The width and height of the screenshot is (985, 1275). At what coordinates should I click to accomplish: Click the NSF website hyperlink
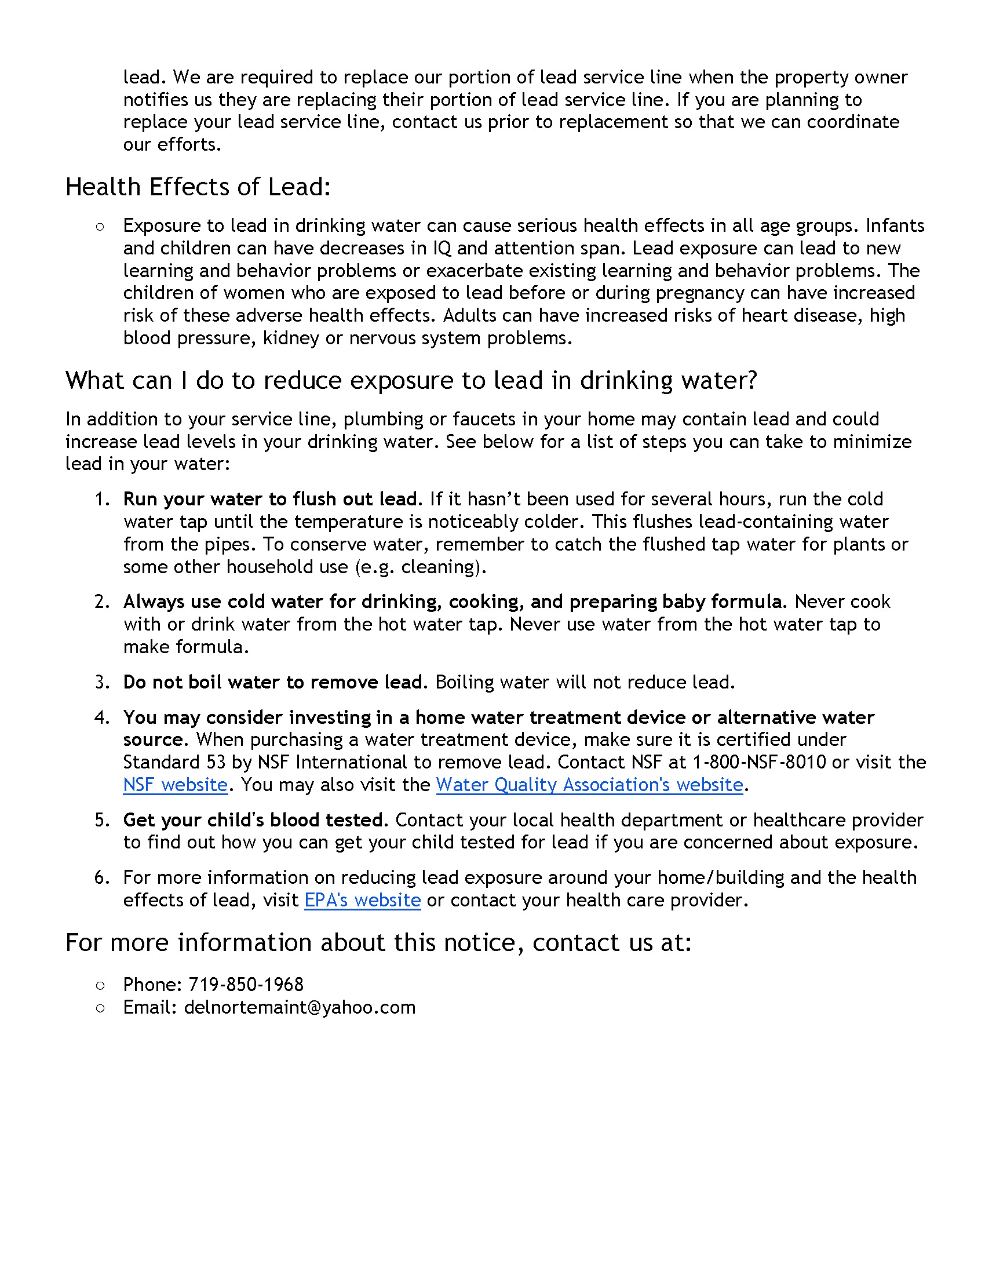(175, 785)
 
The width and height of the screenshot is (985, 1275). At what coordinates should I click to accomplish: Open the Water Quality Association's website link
(589, 785)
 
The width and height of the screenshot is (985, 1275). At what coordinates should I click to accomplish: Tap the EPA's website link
(362, 900)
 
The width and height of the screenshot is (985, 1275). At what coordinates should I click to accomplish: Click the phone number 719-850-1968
(246, 985)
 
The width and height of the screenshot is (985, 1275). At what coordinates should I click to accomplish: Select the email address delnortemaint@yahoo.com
(300, 1008)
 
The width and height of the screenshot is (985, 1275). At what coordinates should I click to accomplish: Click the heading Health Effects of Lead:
(198, 187)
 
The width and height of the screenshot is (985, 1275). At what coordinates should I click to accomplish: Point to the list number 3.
(102, 683)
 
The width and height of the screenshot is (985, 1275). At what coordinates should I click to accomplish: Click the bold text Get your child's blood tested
(254, 820)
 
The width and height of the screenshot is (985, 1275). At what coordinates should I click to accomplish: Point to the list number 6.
(102, 878)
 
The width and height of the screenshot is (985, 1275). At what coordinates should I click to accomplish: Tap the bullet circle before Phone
(100, 985)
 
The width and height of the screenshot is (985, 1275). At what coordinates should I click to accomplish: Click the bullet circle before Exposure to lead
(100, 227)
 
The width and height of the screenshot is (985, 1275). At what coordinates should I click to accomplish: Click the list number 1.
(102, 500)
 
